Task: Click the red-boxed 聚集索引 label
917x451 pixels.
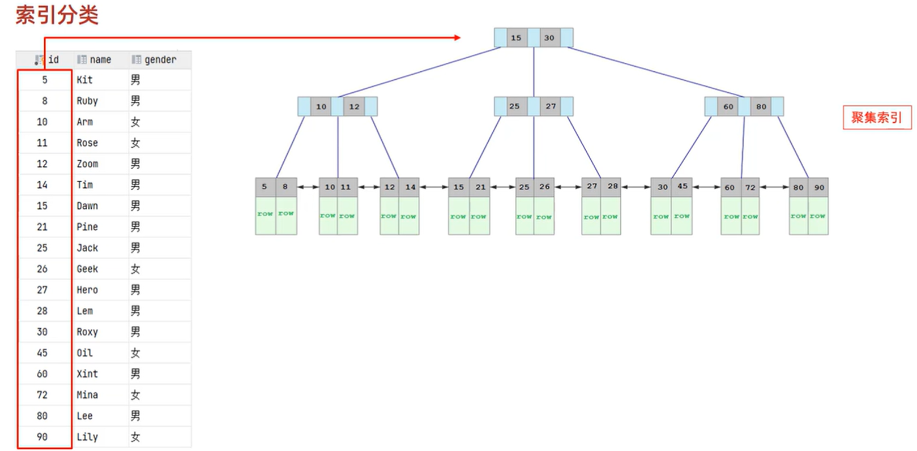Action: pos(876,117)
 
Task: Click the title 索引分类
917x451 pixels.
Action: pos(57,15)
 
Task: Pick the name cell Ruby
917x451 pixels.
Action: pos(87,101)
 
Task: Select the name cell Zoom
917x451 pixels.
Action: pos(87,164)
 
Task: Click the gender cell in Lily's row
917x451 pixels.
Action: pos(135,437)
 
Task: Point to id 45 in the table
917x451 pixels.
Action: pos(42,353)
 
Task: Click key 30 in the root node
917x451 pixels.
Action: pos(549,38)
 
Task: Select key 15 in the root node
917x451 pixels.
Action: pos(516,38)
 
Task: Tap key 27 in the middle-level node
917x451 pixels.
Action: pos(551,106)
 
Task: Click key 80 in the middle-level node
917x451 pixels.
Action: pos(761,106)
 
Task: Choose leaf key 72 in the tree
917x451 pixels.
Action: pos(750,187)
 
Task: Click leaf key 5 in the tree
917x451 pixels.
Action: pos(265,187)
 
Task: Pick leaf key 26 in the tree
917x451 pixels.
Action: pos(544,187)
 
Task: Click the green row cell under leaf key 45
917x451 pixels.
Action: pos(681,216)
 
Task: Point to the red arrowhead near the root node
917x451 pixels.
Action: pos(457,38)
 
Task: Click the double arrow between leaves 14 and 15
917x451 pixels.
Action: pos(434,187)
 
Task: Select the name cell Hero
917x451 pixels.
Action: pos(87,290)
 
